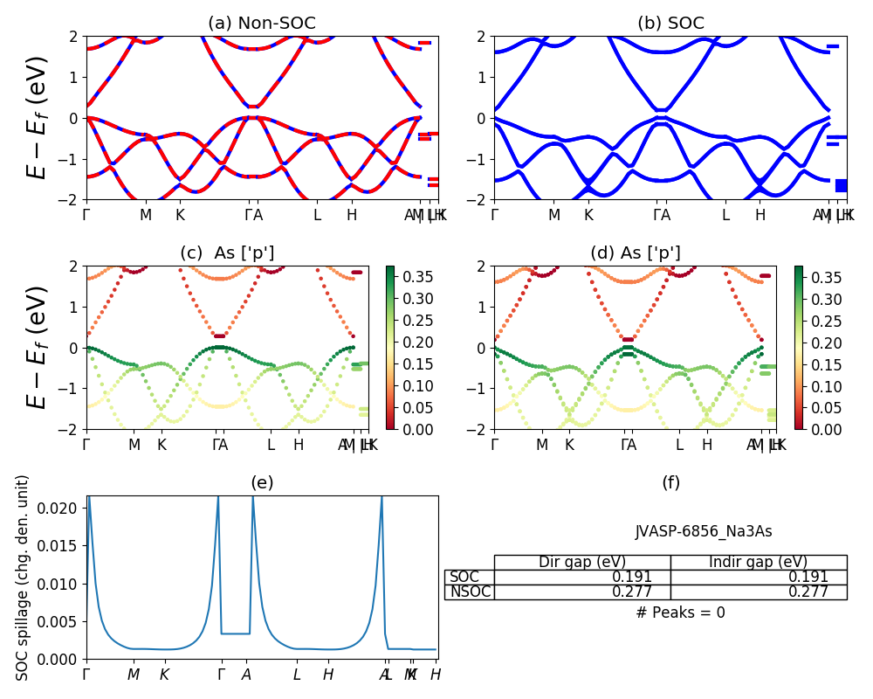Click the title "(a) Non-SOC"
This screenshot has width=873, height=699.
tap(261, 23)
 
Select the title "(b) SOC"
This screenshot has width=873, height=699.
tap(670, 23)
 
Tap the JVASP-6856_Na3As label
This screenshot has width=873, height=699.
tap(704, 531)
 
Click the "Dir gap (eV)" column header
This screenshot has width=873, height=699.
tap(582, 562)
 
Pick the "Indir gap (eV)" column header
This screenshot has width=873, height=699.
tap(758, 562)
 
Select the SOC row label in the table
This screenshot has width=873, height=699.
tap(464, 577)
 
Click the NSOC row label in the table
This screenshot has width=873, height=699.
tap(470, 592)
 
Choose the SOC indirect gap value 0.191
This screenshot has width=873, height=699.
tap(808, 577)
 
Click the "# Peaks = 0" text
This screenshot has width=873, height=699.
tap(680, 612)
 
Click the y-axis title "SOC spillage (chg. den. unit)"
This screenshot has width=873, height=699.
tap(23, 578)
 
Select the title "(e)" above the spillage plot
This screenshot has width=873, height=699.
tap(262, 482)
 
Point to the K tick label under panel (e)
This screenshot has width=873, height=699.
tap(164, 675)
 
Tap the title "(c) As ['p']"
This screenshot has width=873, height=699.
tap(227, 253)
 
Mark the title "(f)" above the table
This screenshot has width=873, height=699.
tap(670, 482)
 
